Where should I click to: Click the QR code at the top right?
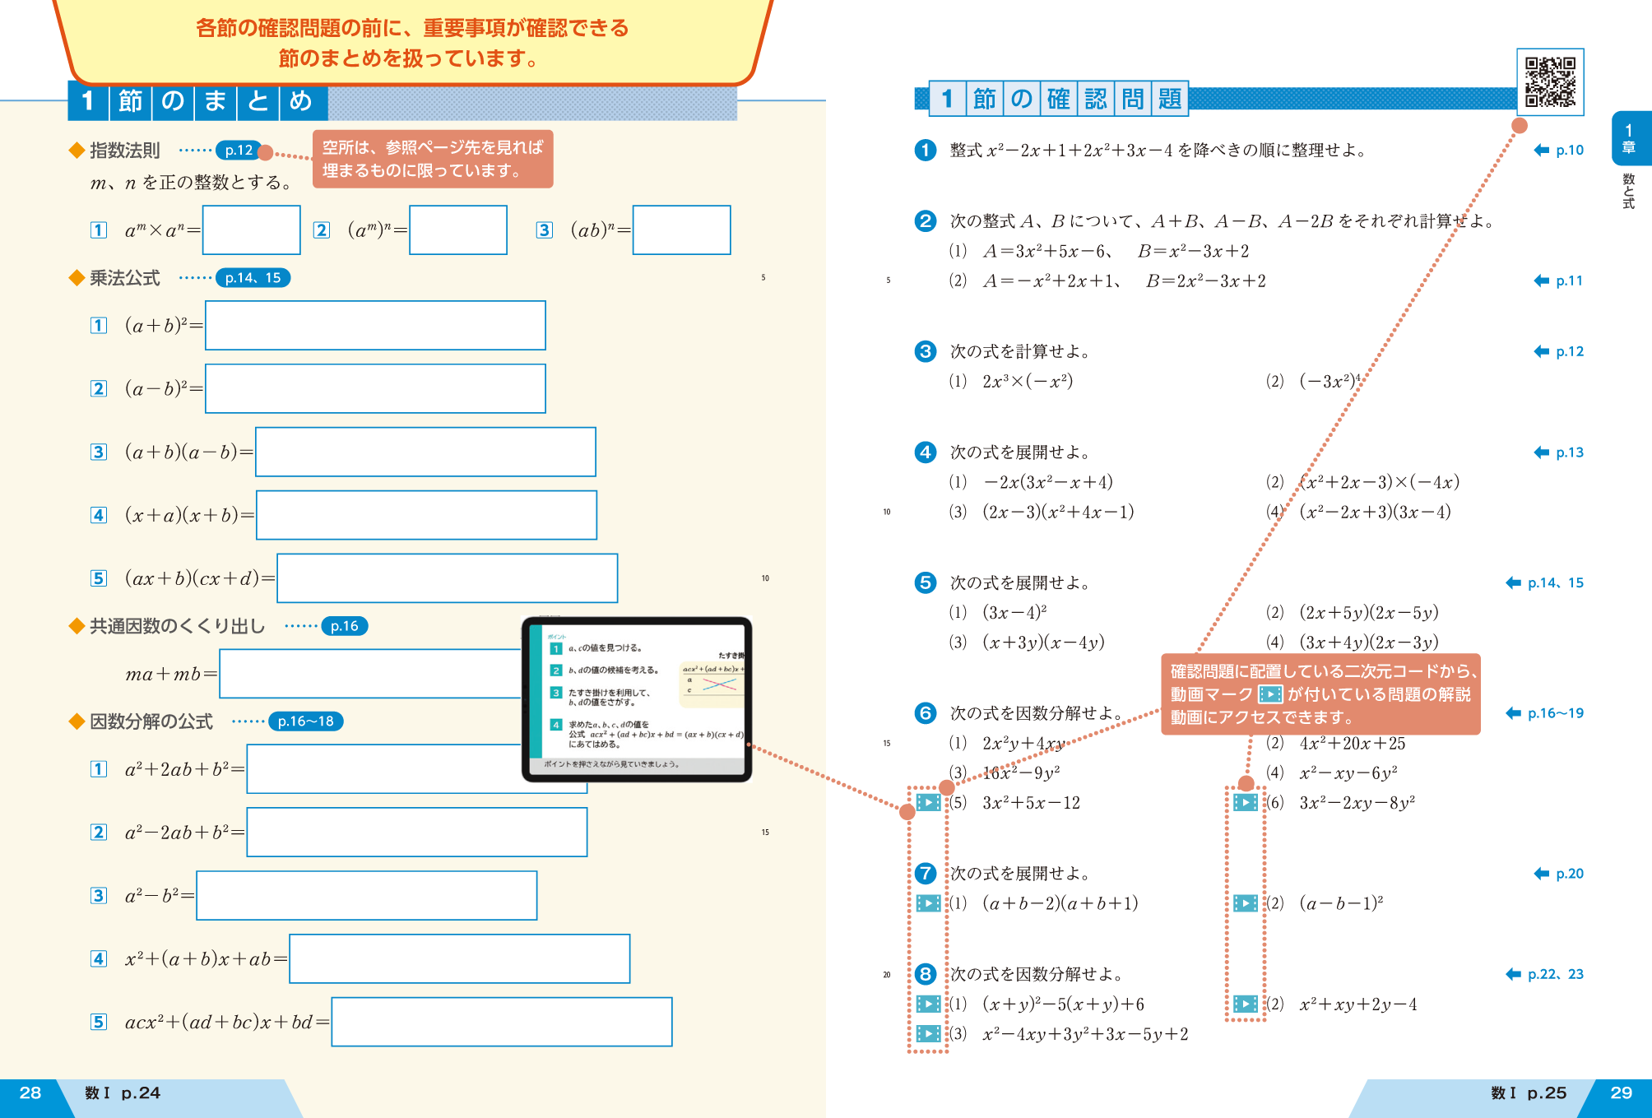coord(1550,81)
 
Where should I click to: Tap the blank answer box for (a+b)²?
coord(375,325)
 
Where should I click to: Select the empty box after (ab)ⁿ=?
coord(681,230)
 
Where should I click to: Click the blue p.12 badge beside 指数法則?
coord(239,150)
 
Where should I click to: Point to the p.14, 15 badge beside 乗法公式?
coord(253,278)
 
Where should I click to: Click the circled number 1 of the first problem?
coord(926,150)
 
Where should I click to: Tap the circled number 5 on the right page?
coord(926,582)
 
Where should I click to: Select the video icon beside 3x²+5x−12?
coord(928,802)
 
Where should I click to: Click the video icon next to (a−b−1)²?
coord(1246,903)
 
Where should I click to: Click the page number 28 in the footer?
coord(30,1093)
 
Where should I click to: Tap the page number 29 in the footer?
coord(1621,1093)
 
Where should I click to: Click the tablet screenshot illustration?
coord(637,699)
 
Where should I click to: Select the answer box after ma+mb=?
coord(370,674)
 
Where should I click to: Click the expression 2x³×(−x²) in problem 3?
coord(1028,382)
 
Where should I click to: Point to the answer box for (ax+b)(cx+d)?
coord(447,578)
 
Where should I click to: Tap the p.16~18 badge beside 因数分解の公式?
coord(305,721)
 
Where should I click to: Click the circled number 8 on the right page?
coord(926,974)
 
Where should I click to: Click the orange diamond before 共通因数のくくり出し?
coord(77,626)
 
